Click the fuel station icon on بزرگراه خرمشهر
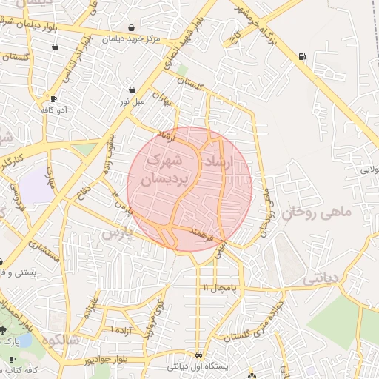coord(301,56)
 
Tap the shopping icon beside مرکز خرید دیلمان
coord(131,27)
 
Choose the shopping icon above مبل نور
coord(132,89)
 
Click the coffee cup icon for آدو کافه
coord(53,98)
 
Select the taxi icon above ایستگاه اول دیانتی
coord(198,354)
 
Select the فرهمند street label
coord(201,235)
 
